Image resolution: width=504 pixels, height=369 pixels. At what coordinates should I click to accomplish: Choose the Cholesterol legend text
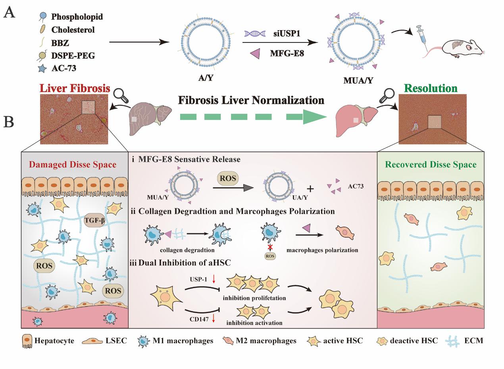pyautogui.click(x=73, y=30)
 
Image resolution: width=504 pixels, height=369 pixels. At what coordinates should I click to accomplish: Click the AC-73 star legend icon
pyautogui.click(x=43, y=68)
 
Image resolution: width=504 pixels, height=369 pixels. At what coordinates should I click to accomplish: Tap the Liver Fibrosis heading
pyautogui.click(x=75, y=88)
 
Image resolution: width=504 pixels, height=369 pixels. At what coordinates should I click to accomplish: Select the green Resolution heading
pyautogui.click(x=431, y=88)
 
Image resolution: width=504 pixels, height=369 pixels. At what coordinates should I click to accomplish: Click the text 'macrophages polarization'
pyautogui.click(x=322, y=250)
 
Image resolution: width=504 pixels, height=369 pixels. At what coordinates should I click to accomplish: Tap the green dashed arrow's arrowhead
pyautogui.click(x=314, y=117)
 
